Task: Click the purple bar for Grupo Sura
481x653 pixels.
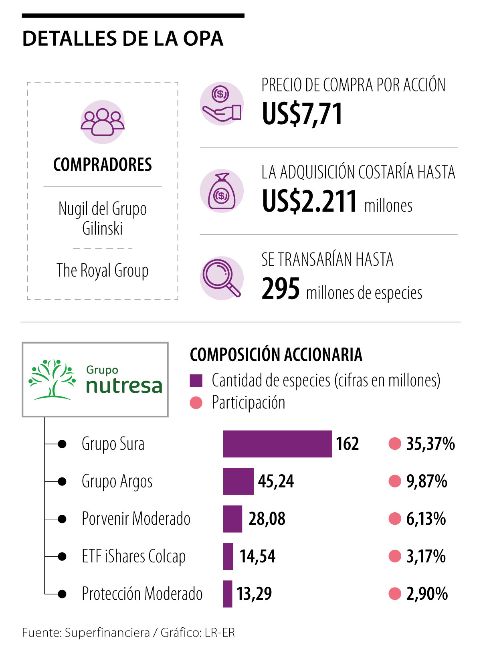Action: tap(277, 444)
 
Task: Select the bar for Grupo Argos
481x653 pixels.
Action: tap(238, 481)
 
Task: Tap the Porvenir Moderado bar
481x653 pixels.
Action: tap(232, 519)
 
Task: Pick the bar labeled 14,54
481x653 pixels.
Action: tap(228, 556)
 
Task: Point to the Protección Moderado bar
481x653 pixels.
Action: tap(228, 594)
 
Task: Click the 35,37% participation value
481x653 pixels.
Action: tap(430, 444)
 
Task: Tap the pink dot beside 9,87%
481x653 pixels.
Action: tap(395, 481)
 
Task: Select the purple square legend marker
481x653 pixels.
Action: tap(196, 380)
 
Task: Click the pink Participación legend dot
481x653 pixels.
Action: tap(196, 402)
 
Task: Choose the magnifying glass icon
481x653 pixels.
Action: tap(221, 278)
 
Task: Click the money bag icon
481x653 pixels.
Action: tap(221, 191)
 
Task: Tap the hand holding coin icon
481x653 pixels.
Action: tap(221, 103)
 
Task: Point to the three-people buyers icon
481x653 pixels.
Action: tap(103, 122)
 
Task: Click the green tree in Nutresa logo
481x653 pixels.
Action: tap(52, 379)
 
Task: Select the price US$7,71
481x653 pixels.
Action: tap(302, 114)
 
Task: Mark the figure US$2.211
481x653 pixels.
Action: tap(309, 201)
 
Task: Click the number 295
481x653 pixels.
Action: tap(281, 289)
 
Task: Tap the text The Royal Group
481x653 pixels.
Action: tap(103, 271)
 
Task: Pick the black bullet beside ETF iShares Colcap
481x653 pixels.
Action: tap(62, 556)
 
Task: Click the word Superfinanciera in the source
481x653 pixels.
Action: tap(107, 633)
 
